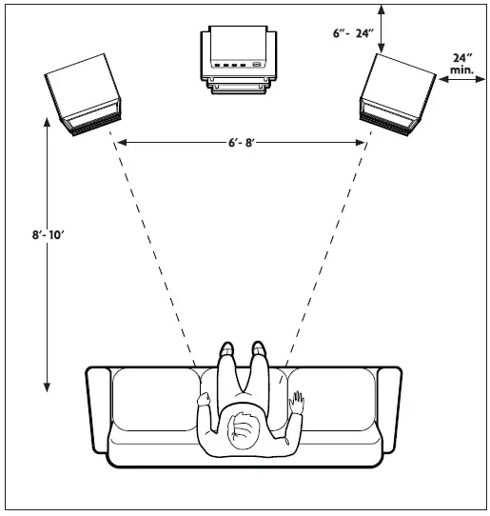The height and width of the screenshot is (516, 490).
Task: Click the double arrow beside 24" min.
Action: tap(461, 82)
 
